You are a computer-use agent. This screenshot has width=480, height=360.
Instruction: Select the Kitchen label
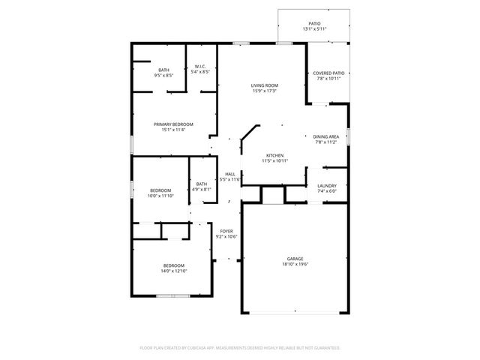point(274,155)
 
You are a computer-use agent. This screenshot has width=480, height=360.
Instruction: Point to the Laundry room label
point(327,185)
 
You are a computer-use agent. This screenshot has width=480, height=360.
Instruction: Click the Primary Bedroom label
point(173,124)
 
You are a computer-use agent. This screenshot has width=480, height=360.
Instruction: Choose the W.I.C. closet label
point(200,67)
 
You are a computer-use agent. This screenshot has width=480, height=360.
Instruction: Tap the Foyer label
point(226,231)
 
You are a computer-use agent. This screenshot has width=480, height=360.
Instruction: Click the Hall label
point(229,174)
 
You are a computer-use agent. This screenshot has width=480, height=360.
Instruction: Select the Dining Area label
point(326,136)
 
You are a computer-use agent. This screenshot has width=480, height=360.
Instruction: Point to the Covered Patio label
point(328,73)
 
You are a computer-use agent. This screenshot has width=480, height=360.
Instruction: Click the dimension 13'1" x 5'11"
point(315,29)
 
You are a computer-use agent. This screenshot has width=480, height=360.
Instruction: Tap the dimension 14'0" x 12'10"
point(174,271)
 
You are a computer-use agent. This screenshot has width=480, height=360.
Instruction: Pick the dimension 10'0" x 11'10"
point(161,196)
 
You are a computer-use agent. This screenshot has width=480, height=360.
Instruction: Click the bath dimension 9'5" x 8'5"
point(163,75)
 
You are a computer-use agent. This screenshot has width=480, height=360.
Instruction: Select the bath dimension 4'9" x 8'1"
point(202,190)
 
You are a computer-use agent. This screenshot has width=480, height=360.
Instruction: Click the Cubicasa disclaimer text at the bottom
point(240,348)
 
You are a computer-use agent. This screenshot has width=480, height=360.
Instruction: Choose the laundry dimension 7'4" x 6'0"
point(327,190)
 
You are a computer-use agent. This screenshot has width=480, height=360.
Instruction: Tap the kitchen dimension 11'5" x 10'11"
point(274,160)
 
